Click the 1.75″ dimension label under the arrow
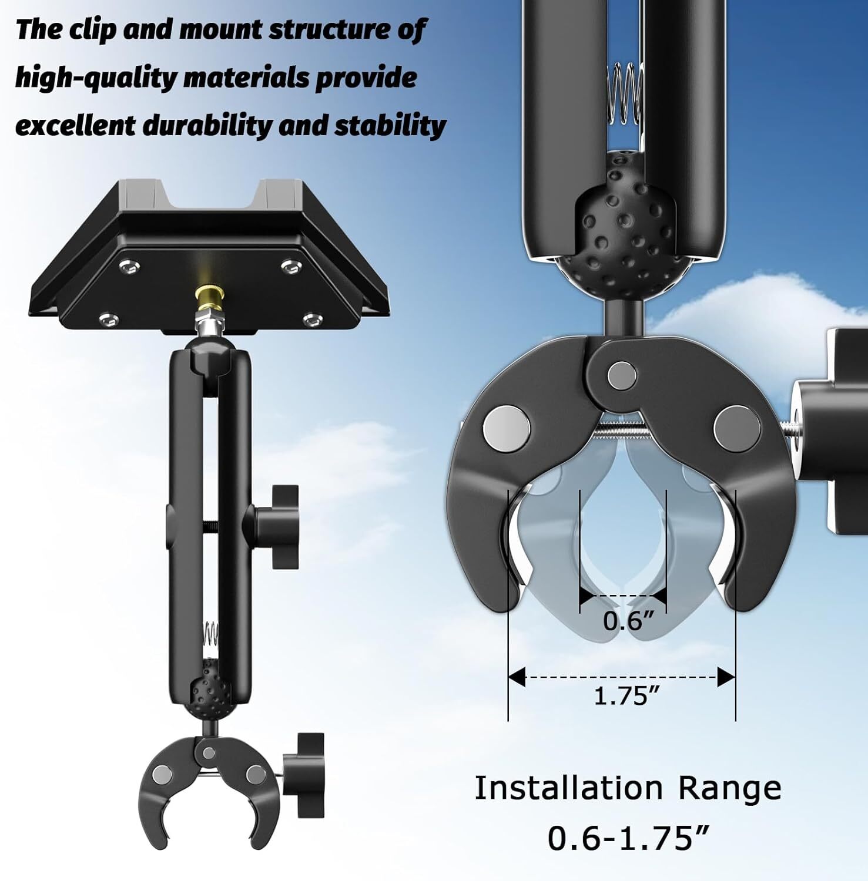[x=627, y=696]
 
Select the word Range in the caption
[x=730, y=788]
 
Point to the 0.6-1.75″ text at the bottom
[x=628, y=838]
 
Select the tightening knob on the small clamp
[x=303, y=775]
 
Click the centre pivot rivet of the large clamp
[x=622, y=375]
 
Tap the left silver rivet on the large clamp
[x=506, y=428]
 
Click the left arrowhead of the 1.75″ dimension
[x=517, y=677]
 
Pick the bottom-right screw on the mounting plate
[x=311, y=320]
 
